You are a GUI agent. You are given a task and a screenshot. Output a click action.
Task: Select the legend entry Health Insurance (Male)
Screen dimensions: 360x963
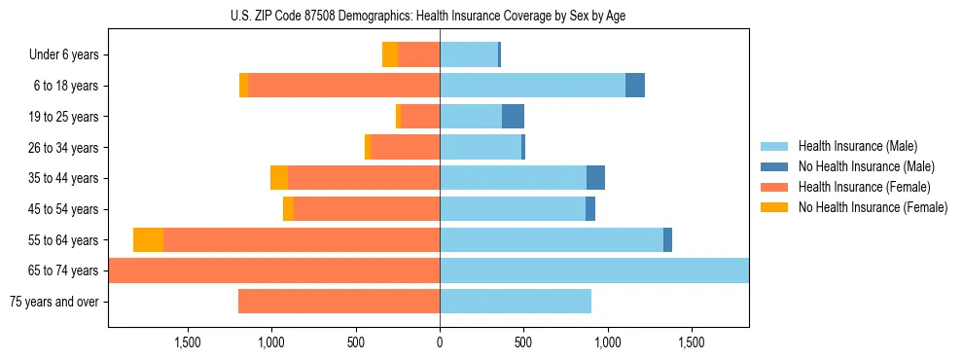point(857,146)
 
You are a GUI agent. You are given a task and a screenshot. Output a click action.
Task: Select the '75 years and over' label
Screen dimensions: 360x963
point(53,302)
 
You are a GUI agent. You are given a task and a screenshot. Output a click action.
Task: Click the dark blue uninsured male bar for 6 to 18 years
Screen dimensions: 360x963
point(635,86)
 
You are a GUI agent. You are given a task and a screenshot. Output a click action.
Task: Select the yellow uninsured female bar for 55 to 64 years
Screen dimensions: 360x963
point(148,240)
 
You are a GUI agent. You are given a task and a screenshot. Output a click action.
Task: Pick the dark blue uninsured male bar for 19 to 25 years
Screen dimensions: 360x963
point(513,117)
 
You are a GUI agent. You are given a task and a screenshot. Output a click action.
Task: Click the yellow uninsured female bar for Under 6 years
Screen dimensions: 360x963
point(390,55)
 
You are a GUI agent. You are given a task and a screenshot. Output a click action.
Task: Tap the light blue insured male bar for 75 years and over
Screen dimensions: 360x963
point(516,302)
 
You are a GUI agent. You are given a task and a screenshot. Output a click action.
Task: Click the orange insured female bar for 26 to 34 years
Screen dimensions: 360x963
point(406,148)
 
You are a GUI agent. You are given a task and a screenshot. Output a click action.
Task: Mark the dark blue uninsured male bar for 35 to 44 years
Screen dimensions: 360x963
point(595,178)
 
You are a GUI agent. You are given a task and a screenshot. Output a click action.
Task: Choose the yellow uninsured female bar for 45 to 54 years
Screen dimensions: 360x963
point(288,209)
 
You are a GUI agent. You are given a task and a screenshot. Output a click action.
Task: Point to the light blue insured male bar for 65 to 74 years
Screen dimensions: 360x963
point(594,270)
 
